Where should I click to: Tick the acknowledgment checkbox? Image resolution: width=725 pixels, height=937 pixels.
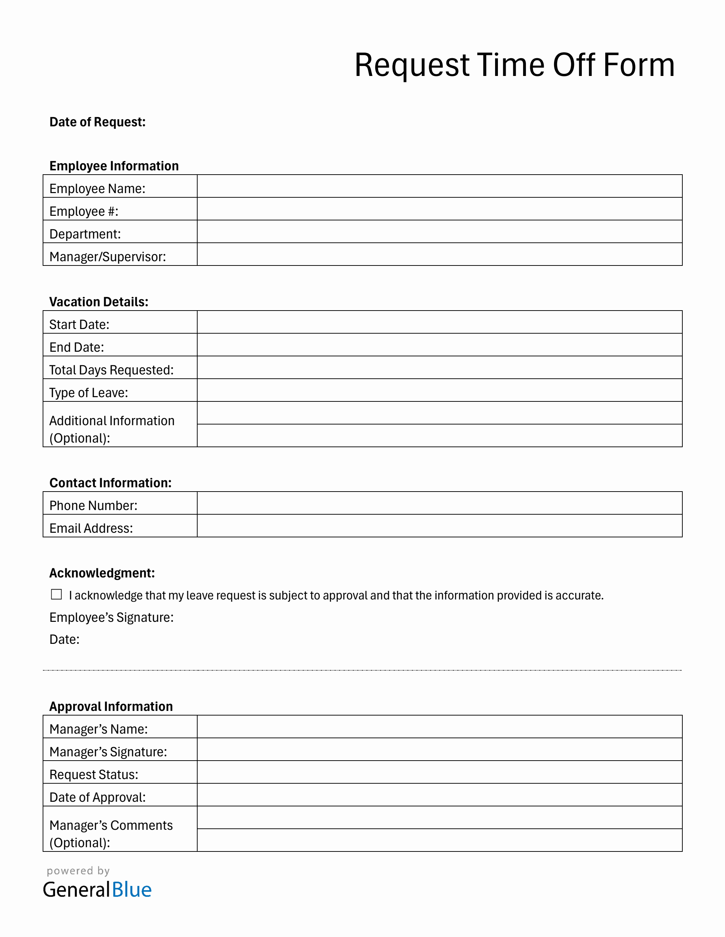[56, 594]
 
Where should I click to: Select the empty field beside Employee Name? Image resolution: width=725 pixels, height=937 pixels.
[439, 186]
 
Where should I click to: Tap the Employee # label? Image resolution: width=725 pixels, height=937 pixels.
[84, 211]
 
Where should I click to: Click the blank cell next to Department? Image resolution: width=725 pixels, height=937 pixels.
[439, 232]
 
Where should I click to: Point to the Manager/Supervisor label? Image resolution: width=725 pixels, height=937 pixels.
[107, 257]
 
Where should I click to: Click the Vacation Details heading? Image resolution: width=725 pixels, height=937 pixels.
[99, 302]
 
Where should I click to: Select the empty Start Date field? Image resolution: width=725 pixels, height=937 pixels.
[439, 322]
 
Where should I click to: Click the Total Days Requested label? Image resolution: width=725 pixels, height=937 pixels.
[111, 370]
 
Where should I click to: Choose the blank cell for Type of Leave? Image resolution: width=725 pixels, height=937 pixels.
[439, 390]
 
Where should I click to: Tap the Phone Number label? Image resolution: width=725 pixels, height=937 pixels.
[93, 505]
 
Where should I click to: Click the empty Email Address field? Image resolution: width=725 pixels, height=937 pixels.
[439, 526]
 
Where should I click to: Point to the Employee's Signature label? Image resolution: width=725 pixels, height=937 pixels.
[111, 617]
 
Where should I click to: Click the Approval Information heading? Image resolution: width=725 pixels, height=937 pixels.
[111, 706]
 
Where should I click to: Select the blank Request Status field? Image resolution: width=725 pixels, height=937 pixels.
[439, 772]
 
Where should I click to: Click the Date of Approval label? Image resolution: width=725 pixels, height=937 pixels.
[97, 797]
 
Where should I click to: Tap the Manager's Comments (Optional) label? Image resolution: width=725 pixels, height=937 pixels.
[111, 834]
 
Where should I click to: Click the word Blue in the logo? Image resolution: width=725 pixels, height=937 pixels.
[131, 890]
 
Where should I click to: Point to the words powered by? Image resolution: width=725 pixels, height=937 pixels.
[78, 871]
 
